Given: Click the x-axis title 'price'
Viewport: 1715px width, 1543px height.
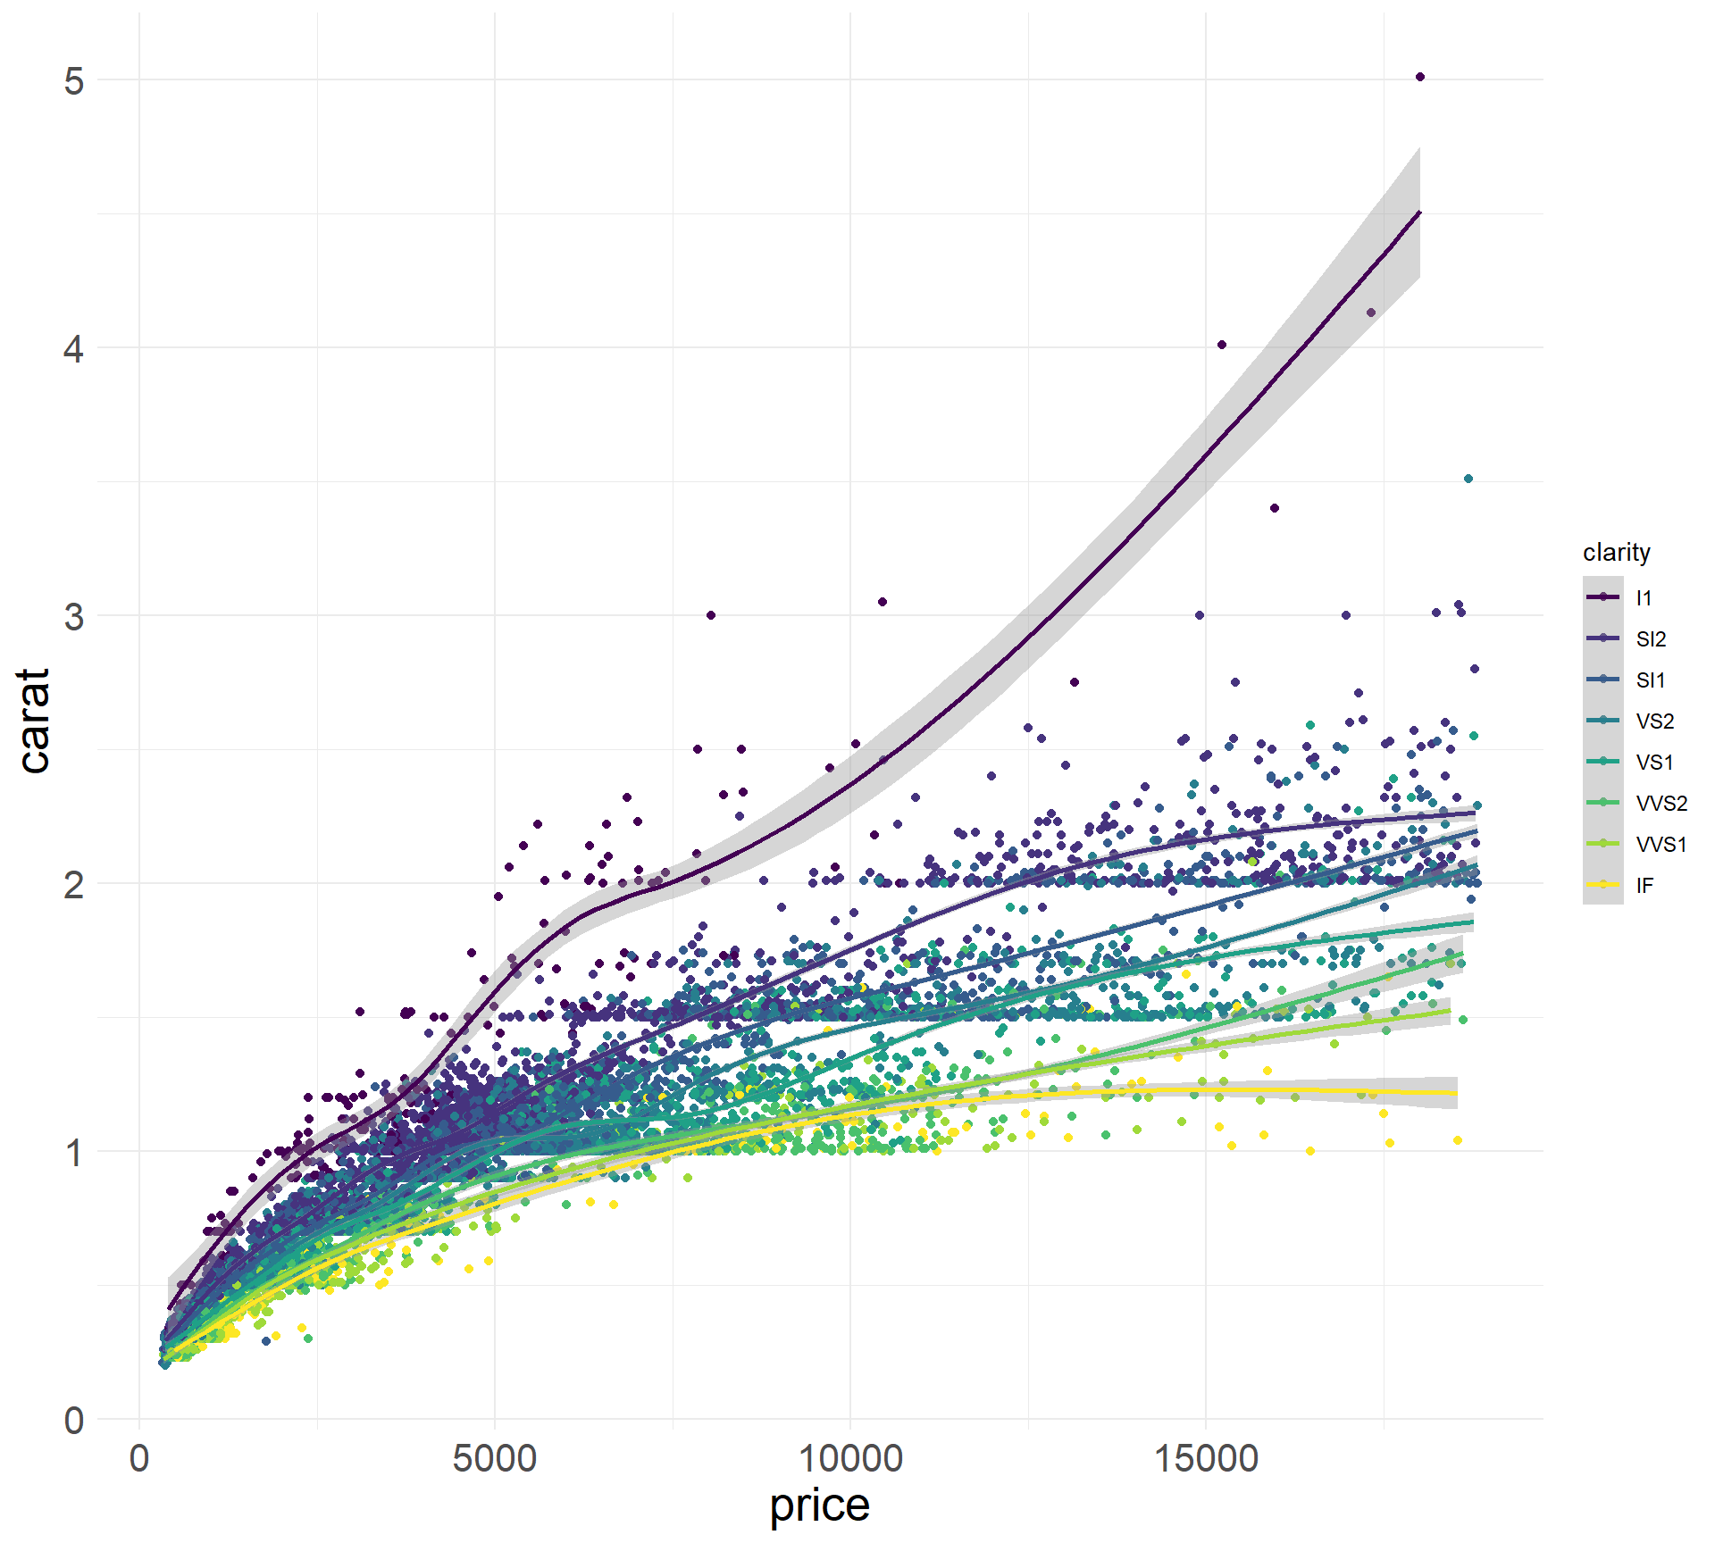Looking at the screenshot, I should [819, 1505].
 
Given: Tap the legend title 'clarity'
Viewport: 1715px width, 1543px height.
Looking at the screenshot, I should [1616, 552].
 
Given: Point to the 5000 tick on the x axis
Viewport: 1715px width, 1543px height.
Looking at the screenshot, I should [494, 1459].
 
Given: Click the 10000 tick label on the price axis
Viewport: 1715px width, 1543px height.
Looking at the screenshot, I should [849, 1459].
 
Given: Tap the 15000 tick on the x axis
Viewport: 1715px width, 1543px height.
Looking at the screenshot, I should [1206, 1459].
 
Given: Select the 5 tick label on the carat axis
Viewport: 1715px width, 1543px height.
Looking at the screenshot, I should [74, 80].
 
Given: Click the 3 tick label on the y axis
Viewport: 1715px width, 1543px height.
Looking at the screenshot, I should [74, 616].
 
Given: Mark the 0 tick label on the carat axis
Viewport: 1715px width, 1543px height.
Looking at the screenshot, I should [74, 1420].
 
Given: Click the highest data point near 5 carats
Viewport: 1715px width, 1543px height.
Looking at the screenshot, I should [1420, 77].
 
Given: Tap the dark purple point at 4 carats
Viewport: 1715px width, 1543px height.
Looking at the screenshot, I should [1222, 345].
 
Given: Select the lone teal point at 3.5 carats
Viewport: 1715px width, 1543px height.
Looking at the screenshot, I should [1468, 479].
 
